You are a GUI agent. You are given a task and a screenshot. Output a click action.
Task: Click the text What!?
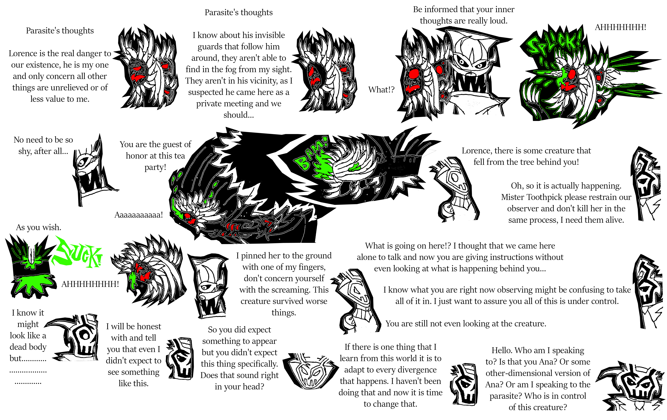coord(381,90)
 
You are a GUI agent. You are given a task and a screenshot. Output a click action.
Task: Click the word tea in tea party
coord(179,156)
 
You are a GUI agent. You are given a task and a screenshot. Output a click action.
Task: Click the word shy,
coord(25,151)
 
